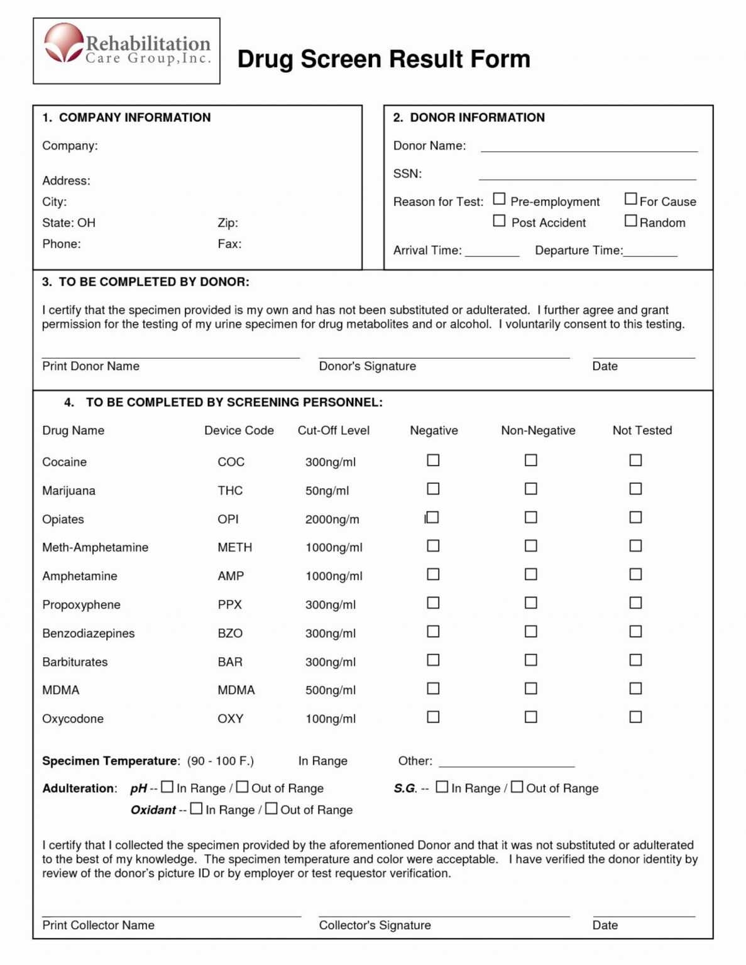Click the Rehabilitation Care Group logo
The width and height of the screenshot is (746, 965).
[126, 50]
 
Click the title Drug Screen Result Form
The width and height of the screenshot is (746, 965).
[383, 59]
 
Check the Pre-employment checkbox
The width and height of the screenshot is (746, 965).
[499, 199]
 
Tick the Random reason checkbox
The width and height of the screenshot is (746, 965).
[630, 221]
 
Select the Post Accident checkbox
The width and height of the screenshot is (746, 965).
[499, 221]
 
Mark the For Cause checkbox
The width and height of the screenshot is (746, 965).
[630, 199]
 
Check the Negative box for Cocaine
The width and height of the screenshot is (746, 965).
[433, 461]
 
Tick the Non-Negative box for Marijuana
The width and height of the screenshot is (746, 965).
[531, 489]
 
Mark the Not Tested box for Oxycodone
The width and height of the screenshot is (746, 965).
[635, 717]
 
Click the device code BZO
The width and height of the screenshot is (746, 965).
[230, 633]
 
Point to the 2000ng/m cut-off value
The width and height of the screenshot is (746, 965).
[332, 520]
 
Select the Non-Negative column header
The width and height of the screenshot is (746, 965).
[538, 430]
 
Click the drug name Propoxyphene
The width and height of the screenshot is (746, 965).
[81, 605]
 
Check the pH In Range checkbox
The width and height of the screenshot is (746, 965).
[167, 787]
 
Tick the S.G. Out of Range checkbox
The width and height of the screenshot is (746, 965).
[517, 787]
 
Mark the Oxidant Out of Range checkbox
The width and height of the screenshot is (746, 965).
[271, 809]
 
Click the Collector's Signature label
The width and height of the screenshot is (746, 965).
[375, 925]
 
